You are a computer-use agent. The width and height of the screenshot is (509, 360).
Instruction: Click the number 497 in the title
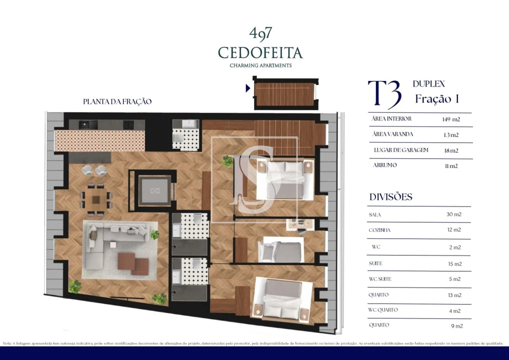tap(260, 33)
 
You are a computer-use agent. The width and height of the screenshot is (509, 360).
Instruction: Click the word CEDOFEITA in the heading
tap(260, 52)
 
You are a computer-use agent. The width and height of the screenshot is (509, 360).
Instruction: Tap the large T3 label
tap(384, 94)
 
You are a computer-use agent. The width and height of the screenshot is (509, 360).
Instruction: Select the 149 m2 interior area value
tap(450, 119)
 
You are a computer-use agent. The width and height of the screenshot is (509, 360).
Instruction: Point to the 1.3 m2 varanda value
tap(450, 135)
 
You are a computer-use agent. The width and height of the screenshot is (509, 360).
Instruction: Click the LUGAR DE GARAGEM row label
tap(400, 150)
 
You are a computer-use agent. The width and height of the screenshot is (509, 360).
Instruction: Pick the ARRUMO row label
tap(384, 165)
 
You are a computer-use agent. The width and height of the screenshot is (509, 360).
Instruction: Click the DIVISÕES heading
tap(390, 197)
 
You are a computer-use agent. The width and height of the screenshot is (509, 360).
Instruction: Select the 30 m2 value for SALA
tap(453, 214)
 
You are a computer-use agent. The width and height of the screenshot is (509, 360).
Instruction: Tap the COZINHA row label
tap(379, 230)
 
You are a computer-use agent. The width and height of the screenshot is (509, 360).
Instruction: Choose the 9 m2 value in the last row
tap(456, 326)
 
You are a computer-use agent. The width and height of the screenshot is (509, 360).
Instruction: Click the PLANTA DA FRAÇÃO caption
tap(117, 101)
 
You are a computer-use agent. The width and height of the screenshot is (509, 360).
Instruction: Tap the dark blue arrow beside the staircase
tap(248, 88)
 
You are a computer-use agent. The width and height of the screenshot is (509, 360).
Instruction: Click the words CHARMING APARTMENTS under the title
tap(260, 65)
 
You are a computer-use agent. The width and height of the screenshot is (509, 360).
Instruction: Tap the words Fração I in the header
tap(437, 99)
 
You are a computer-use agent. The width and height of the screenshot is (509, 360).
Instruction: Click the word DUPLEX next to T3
tap(428, 84)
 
